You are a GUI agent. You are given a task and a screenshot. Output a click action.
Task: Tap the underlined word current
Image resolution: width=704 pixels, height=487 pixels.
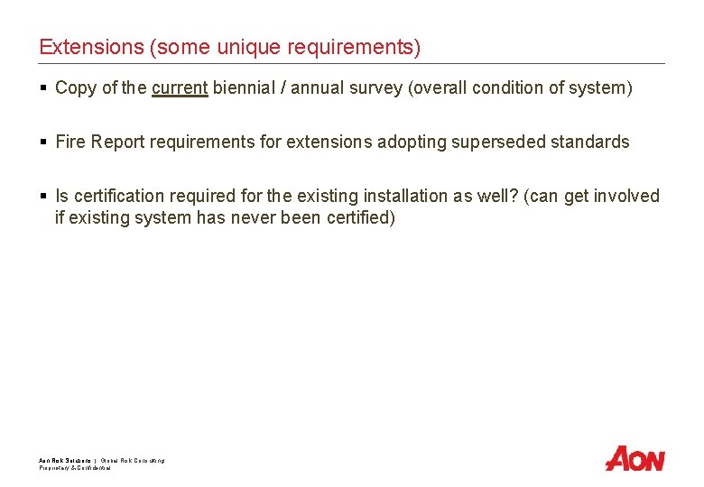tap(180, 88)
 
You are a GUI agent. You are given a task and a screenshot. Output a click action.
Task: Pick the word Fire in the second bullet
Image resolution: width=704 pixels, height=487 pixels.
tap(70, 142)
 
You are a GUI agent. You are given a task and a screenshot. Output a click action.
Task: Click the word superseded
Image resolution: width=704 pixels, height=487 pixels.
tap(508, 142)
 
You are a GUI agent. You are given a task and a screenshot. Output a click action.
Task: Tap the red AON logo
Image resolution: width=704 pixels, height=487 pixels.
tap(635, 458)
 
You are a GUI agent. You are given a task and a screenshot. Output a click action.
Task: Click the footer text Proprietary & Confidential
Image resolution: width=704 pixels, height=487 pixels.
tap(75, 467)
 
